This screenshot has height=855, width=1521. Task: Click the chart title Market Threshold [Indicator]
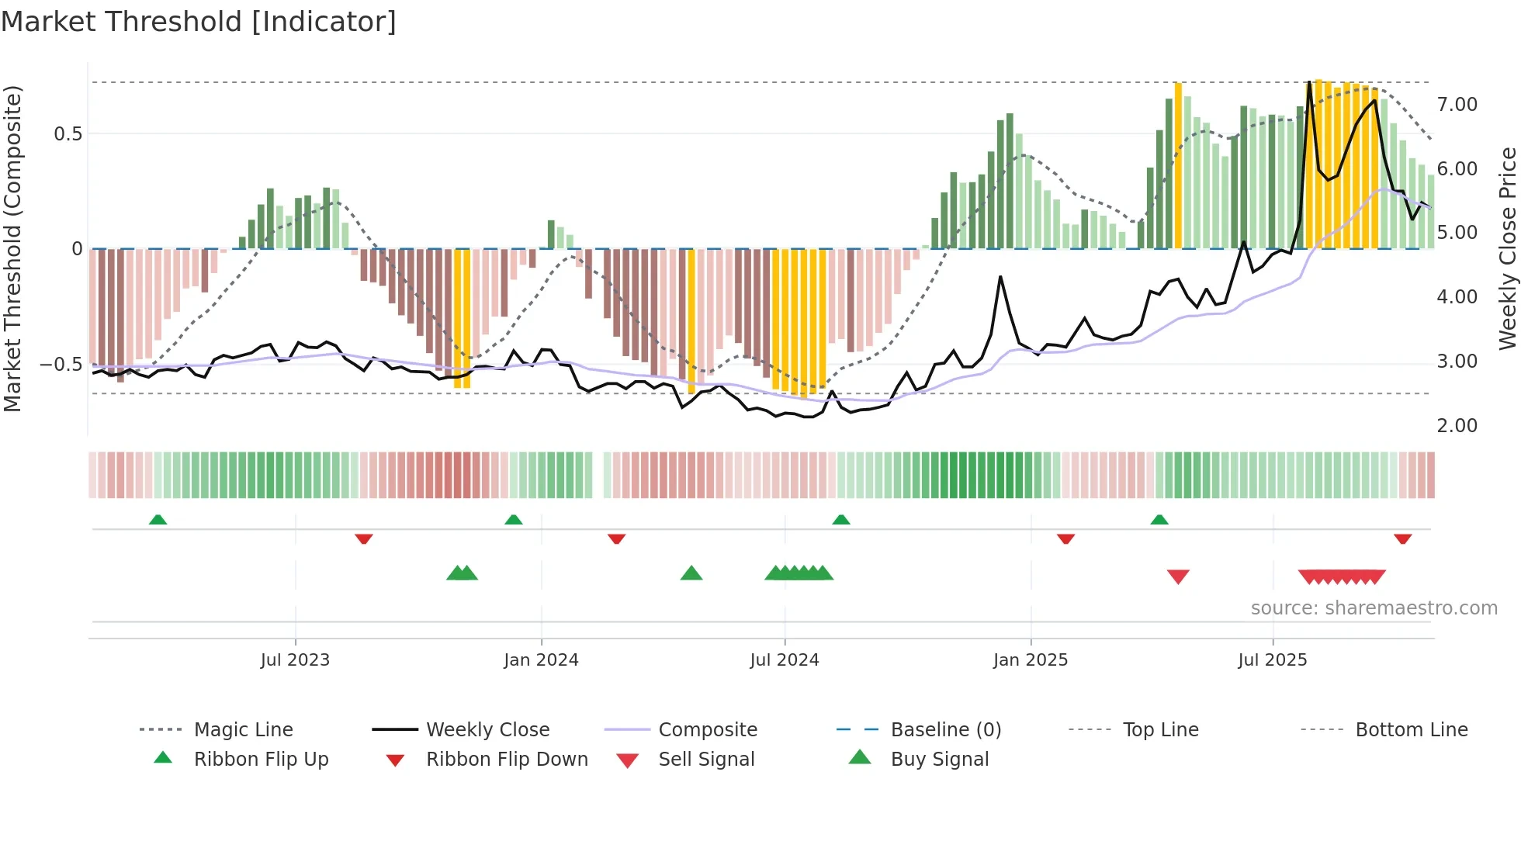coord(199,22)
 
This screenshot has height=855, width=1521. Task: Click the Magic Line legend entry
coord(243,729)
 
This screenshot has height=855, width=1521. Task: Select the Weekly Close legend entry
coord(487,729)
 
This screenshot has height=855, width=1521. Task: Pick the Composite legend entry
coord(707,729)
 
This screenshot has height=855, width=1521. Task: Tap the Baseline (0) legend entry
coord(945,729)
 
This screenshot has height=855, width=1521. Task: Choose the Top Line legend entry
coord(1160,729)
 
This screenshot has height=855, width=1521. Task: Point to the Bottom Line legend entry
coord(1411,729)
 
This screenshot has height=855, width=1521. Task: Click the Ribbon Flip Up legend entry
coord(261,759)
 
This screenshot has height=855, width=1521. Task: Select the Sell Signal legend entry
coord(706,759)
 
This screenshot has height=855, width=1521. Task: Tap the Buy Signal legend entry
coord(939,759)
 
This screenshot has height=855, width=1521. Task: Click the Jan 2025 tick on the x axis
coord(1031,660)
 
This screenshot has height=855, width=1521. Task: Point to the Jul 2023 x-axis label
coord(295,660)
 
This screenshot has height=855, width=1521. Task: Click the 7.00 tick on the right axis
coord(1457,105)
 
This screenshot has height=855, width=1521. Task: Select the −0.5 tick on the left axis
coord(61,365)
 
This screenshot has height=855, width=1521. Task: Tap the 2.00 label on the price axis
coord(1457,426)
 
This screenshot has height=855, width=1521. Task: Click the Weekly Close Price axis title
coord(1507,248)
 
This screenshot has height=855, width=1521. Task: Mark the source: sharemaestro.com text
coord(1374,608)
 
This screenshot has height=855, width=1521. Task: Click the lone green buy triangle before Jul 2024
coord(691,574)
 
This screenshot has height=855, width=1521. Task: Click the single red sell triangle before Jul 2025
coord(1178,576)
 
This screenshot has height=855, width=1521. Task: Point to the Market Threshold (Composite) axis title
coord(12,248)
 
